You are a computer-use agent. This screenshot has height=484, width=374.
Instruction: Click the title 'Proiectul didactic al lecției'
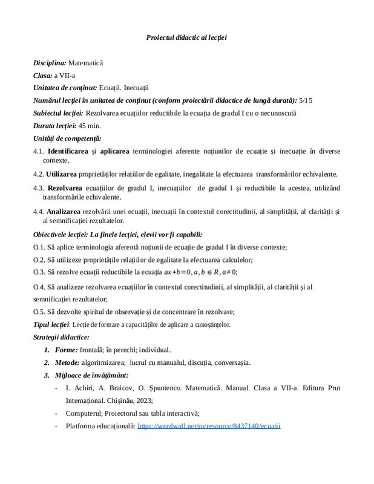[x=186, y=38]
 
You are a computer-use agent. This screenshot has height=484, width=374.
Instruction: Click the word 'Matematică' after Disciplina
[x=85, y=62]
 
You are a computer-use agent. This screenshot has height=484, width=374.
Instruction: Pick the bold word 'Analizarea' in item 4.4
[x=65, y=212]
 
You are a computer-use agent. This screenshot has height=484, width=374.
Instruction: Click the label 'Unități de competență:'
[x=63, y=138]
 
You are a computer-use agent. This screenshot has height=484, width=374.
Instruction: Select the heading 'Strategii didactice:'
[x=61, y=336]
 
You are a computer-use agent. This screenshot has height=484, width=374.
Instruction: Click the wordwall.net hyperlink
[x=209, y=426]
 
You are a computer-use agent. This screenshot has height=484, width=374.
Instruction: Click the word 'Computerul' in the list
[x=82, y=413]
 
